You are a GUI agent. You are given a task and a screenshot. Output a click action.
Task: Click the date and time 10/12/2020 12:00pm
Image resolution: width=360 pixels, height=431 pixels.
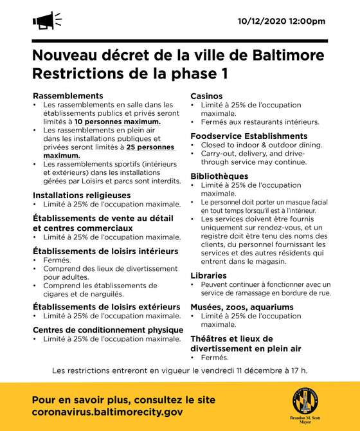point(282,21)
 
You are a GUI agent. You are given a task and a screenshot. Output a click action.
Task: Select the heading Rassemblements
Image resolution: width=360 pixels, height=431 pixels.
point(67,96)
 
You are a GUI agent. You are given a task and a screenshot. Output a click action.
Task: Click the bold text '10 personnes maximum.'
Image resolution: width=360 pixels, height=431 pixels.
point(117,122)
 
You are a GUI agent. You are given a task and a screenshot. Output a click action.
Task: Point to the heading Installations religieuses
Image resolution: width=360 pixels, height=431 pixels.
point(82,194)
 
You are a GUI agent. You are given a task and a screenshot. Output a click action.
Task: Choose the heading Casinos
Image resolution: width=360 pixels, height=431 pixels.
point(206,96)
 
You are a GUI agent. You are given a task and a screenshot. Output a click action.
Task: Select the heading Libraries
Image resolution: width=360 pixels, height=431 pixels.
point(208,275)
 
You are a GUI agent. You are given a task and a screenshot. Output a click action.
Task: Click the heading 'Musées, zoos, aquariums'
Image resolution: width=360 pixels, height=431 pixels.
point(242,307)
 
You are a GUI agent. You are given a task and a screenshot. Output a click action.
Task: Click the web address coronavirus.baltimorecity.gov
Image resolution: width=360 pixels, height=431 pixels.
point(107,412)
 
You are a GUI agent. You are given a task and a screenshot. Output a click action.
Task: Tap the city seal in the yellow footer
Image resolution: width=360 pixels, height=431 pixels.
point(305,403)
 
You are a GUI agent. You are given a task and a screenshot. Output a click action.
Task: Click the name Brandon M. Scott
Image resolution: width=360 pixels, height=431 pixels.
point(306,419)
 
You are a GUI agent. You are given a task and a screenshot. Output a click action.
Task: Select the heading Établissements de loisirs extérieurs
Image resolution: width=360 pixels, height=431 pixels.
point(107,307)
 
